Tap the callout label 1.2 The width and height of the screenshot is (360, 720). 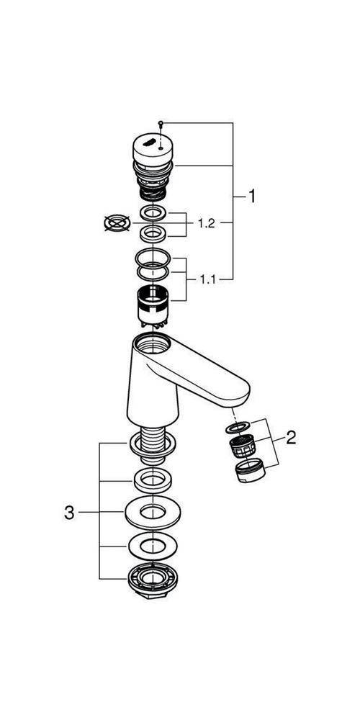coord(206,224)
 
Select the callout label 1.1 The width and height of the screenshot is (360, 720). coord(207,279)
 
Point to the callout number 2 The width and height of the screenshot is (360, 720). coord(291,438)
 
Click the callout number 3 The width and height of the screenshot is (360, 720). coord(69,513)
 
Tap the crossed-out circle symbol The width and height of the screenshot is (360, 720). coord(117,224)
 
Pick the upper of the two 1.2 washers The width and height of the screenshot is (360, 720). coord(152,214)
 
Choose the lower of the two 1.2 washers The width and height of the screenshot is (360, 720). coord(152,233)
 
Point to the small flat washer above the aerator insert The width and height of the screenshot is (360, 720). coord(240,426)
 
